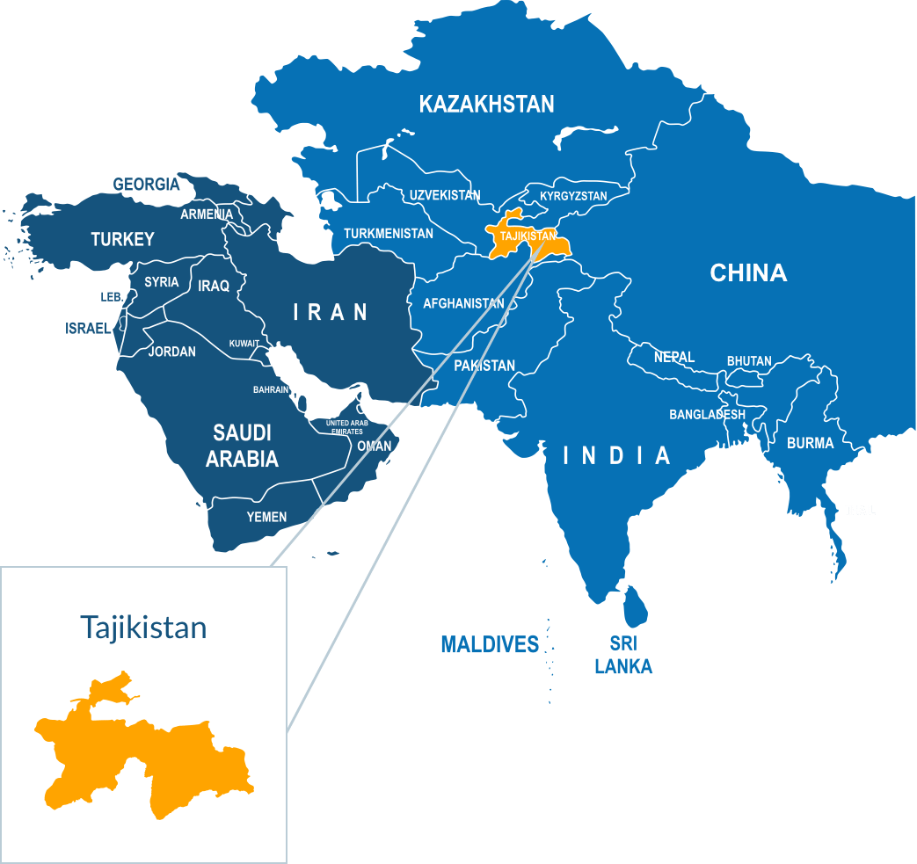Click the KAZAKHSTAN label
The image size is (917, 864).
(486, 105)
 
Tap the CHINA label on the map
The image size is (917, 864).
(748, 273)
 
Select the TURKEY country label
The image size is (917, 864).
(122, 239)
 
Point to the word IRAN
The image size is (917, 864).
(330, 311)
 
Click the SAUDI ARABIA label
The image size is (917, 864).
(242, 445)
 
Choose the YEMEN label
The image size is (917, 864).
(266, 517)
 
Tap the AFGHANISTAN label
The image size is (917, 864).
(463, 304)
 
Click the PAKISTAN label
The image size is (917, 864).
(484, 366)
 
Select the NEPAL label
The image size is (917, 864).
(674, 357)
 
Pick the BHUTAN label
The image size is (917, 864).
(749, 361)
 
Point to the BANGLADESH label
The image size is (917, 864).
(707, 414)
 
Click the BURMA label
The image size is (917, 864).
(810, 443)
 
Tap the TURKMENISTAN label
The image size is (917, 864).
(389, 234)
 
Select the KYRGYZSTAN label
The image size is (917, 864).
(573, 196)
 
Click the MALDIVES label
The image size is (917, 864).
(489, 645)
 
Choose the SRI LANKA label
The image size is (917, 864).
(623, 656)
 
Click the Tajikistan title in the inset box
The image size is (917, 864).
(143, 628)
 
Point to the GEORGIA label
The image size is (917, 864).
(146, 185)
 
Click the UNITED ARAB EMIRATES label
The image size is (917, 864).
(346, 427)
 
